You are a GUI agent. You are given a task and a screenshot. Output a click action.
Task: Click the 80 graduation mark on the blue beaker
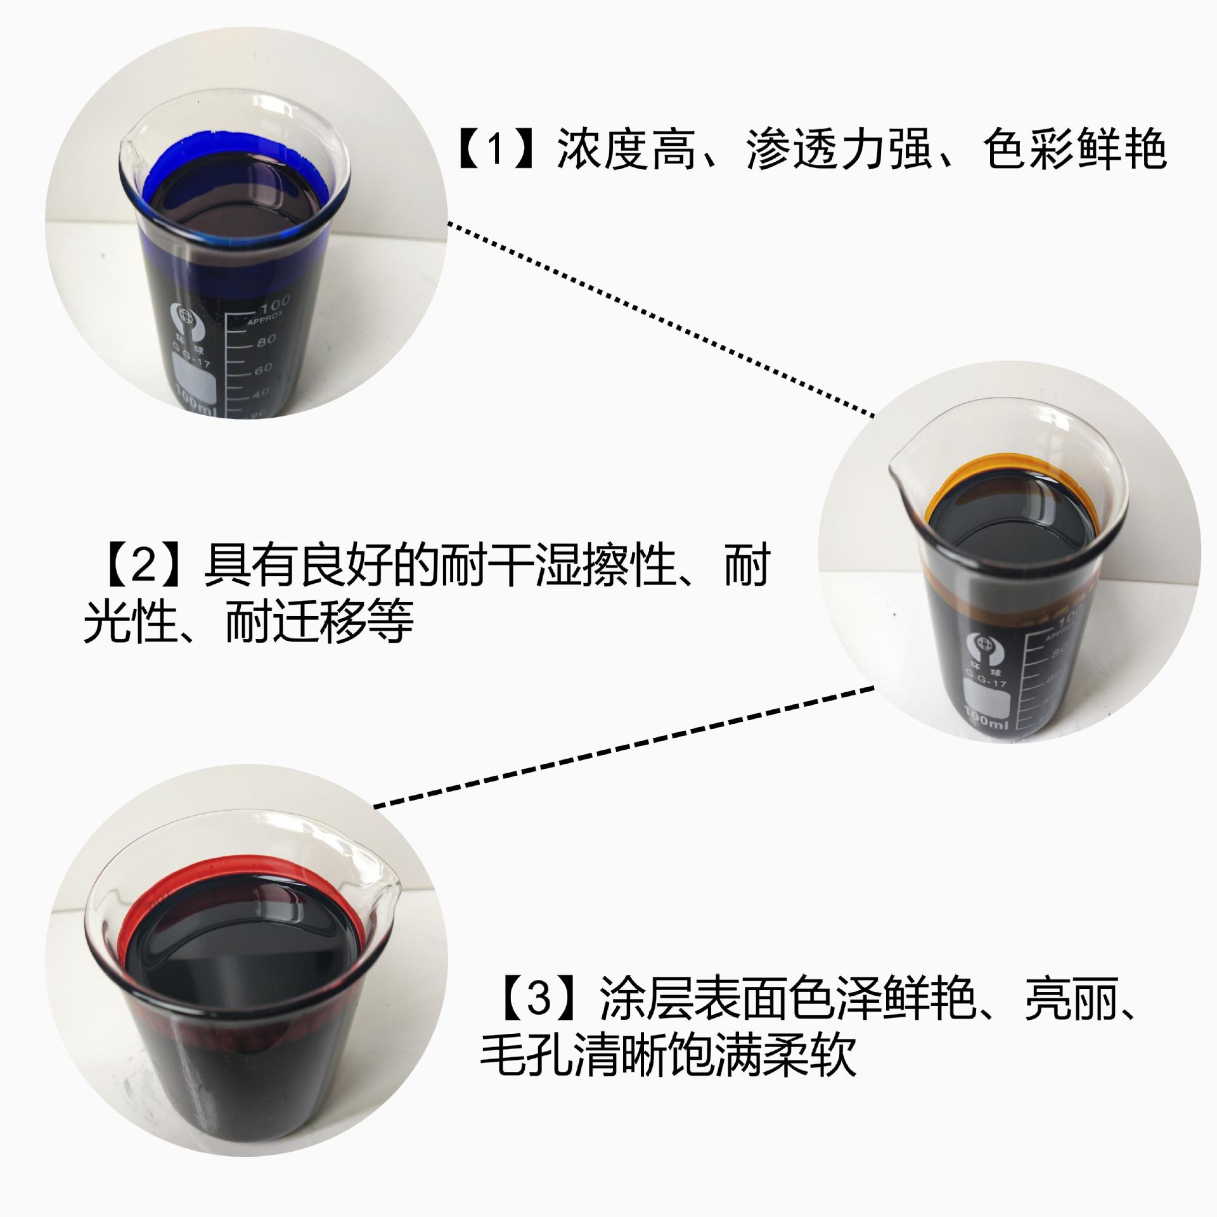tap(266, 339)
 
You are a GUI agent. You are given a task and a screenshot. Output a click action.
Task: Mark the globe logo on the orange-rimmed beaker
tap(980, 641)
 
